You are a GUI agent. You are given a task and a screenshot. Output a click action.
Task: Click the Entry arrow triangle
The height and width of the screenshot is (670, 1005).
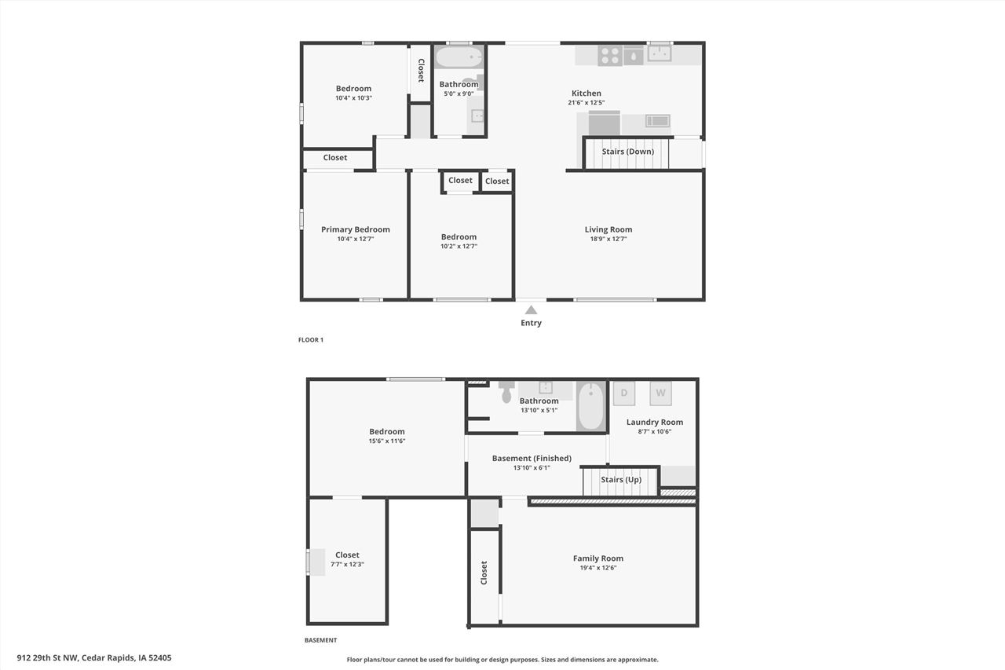[531, 310]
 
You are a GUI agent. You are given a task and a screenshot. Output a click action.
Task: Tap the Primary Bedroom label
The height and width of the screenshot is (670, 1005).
[355, 229]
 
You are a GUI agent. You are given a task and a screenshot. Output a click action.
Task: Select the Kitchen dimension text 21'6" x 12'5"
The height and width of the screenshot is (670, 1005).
[586, 103]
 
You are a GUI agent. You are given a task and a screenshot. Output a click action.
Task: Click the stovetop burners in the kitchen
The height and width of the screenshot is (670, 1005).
[610, 55]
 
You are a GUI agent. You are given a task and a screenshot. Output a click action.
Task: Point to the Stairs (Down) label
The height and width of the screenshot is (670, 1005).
[627, 152]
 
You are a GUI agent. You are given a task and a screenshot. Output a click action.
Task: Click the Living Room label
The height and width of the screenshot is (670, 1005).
[608, 229]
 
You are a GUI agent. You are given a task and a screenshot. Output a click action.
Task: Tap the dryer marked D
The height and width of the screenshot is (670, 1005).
[623, 393]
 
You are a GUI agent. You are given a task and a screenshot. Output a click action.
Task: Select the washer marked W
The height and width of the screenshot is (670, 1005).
[660, 393]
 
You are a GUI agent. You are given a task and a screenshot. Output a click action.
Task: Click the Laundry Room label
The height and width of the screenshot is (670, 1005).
[654, 422]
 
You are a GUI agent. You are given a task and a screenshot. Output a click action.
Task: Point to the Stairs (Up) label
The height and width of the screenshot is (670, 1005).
[620, 479]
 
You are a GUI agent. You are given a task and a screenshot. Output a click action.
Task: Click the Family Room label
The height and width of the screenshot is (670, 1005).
[598, 558]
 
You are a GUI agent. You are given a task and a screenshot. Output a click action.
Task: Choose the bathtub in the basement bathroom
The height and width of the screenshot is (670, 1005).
[591, 405]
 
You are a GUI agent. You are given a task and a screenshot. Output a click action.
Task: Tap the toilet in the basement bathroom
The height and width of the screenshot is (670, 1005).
[506, 393]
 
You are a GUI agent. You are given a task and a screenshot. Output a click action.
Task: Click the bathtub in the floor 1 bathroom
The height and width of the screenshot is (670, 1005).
[459, 57]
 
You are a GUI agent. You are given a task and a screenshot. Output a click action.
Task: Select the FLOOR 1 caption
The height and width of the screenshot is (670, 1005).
[310, 340]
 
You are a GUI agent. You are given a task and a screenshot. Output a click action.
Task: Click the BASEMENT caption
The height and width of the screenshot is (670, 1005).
[320, 640]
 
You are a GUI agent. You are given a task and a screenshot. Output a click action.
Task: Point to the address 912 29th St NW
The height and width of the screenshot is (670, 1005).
[93, 658]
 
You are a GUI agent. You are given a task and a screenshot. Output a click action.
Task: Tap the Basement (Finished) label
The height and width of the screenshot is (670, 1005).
[532, 458]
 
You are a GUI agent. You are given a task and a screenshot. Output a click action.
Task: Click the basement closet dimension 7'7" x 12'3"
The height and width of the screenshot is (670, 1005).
[347, 565]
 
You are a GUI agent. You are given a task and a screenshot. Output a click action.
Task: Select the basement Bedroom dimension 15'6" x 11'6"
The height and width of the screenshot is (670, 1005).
[387, 441]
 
